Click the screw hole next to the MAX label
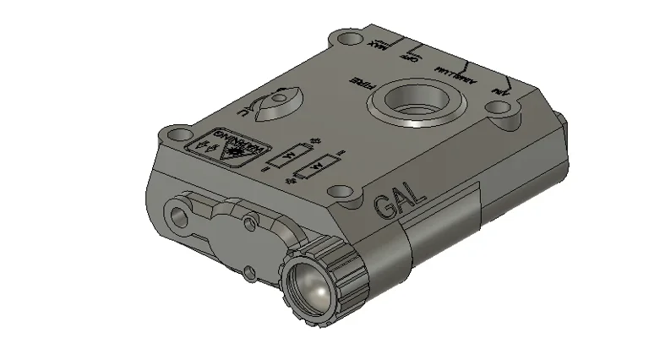(346, 38)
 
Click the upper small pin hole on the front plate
(248, 222)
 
